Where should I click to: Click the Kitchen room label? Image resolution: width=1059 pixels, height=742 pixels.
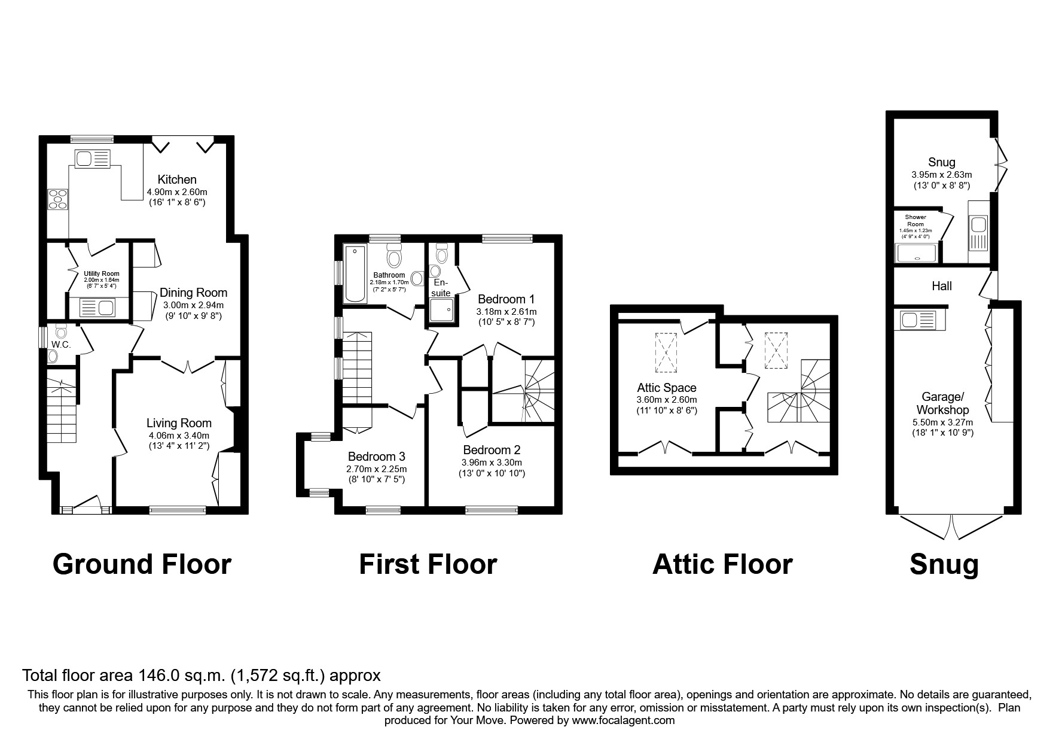[177, 180]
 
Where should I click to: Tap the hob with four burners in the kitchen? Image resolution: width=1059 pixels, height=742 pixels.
[58, 199]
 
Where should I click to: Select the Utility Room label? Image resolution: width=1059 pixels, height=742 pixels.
[102, 273]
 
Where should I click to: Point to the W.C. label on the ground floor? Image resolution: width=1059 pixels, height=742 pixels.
[61, 345]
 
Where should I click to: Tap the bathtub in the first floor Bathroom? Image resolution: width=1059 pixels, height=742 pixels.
[353, 273]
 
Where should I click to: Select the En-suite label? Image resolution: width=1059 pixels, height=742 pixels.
[441, 288]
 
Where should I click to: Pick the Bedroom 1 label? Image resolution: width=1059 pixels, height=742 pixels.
[506, 299]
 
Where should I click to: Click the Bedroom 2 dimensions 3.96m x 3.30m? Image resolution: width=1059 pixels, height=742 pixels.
[492, 463]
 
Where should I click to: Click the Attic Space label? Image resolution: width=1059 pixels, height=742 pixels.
[667, 388]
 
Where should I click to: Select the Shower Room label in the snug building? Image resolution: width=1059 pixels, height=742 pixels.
[915, 220]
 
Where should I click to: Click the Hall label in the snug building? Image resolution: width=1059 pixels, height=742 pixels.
[942, 287]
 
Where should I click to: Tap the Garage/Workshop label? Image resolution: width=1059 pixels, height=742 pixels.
[945, 404]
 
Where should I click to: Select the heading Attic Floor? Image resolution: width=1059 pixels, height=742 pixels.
[722, 564]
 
